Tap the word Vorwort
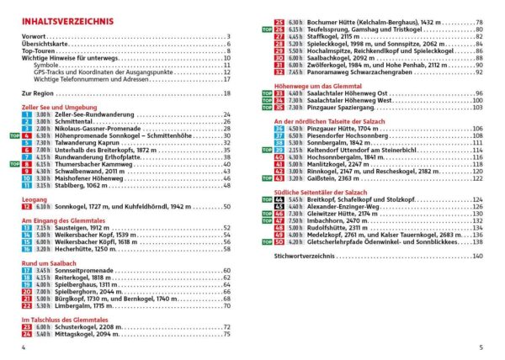point(34,37)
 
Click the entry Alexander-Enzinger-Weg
point(342,206)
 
